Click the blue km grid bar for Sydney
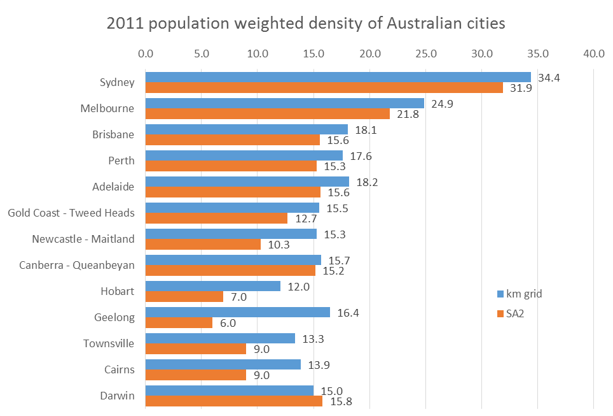(338, 77)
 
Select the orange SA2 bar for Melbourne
(268, 113)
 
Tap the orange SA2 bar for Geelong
(179, 322)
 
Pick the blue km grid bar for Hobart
(213, 286)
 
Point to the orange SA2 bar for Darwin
(234, 401)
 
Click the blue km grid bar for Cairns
(223, 364)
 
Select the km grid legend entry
(519, 294)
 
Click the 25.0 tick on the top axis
(425, 54)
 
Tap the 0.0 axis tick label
(146, 54)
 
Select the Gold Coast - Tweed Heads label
(71, 213)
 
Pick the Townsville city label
(109, 343)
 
